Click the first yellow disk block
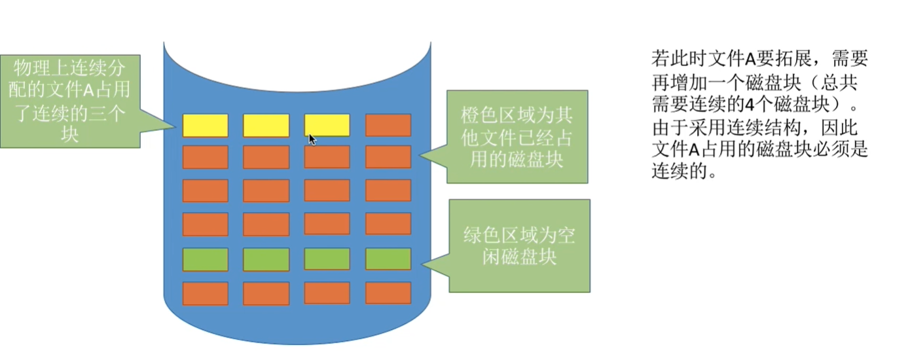(x=205, y=125)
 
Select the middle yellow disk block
(x=266, y=125)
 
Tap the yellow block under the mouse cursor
(x=327, y=124)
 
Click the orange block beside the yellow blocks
(x=388, y=125)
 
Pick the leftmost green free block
(x=205, y=259)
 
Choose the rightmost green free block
(x=388, y=259)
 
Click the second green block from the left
(x=266, y=259)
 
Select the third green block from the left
(x=327, y=259)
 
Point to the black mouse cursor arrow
(x=312, y=139)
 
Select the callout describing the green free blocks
(x=519, y=245)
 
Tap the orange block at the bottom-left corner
(x=205, y=293)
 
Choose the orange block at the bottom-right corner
(x=388, y=293)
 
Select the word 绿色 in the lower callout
(x=481, y=235)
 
